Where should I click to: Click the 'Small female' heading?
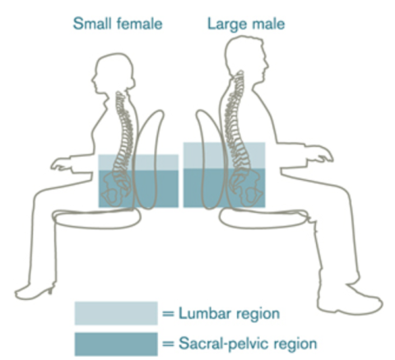118,24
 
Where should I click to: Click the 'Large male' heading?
246,25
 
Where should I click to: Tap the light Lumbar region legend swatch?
116,313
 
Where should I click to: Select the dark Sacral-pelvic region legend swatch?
116,344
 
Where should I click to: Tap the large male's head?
245,58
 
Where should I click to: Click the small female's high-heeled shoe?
35,291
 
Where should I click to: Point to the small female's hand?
61,164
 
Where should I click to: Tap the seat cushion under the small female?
96,219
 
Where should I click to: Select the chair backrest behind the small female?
149,159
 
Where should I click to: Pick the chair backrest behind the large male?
210,159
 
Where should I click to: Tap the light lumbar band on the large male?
224,155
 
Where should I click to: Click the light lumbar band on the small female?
138,163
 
